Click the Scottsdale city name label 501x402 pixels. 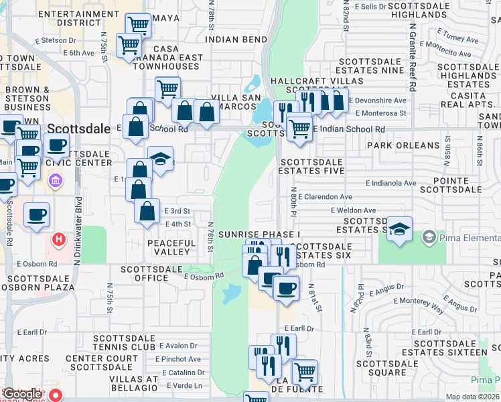coord(79,129)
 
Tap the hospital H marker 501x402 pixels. coord(59,239)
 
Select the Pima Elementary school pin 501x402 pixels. coord(429,237)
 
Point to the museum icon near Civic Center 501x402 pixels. coord(55,181)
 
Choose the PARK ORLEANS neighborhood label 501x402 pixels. coord(403,145)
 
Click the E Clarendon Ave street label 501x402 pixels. coord(326,197)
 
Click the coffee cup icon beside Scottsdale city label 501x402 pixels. coord(58,144)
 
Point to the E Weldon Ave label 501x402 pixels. coord(353,210)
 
